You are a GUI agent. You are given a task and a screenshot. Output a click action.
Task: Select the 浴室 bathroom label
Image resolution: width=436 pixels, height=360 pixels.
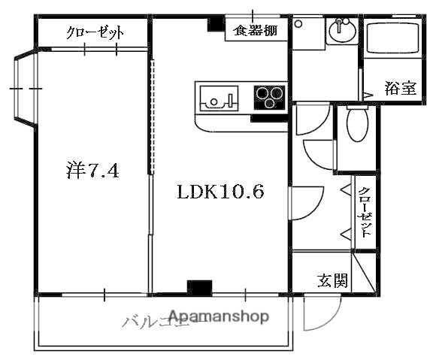click(x=400, y=87)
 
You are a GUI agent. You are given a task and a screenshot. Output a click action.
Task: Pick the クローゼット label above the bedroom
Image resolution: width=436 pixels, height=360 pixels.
click(x=95, y=32)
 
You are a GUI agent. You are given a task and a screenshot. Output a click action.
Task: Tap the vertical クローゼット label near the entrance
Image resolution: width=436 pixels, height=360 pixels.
click(x=365, y=213)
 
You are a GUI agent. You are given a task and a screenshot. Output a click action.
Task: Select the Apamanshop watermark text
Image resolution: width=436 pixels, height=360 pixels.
click(x=219, y=316)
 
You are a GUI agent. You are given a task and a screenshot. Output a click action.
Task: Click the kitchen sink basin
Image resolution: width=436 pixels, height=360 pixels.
click(x=217, y=98)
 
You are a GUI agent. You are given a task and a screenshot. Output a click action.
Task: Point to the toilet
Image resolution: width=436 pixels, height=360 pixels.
click(x=356, y=124)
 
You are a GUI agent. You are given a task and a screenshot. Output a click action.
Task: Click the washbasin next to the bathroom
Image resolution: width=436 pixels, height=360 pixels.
click(x=343, y=32)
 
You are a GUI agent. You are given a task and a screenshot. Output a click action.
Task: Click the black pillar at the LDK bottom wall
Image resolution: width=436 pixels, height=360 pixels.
click(x=199, y=287)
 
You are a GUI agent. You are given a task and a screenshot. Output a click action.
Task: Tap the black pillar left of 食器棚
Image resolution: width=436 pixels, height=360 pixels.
click(x=213, y=25)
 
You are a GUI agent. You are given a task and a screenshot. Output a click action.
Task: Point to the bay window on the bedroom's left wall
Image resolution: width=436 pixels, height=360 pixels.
click(x=23, y=89)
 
